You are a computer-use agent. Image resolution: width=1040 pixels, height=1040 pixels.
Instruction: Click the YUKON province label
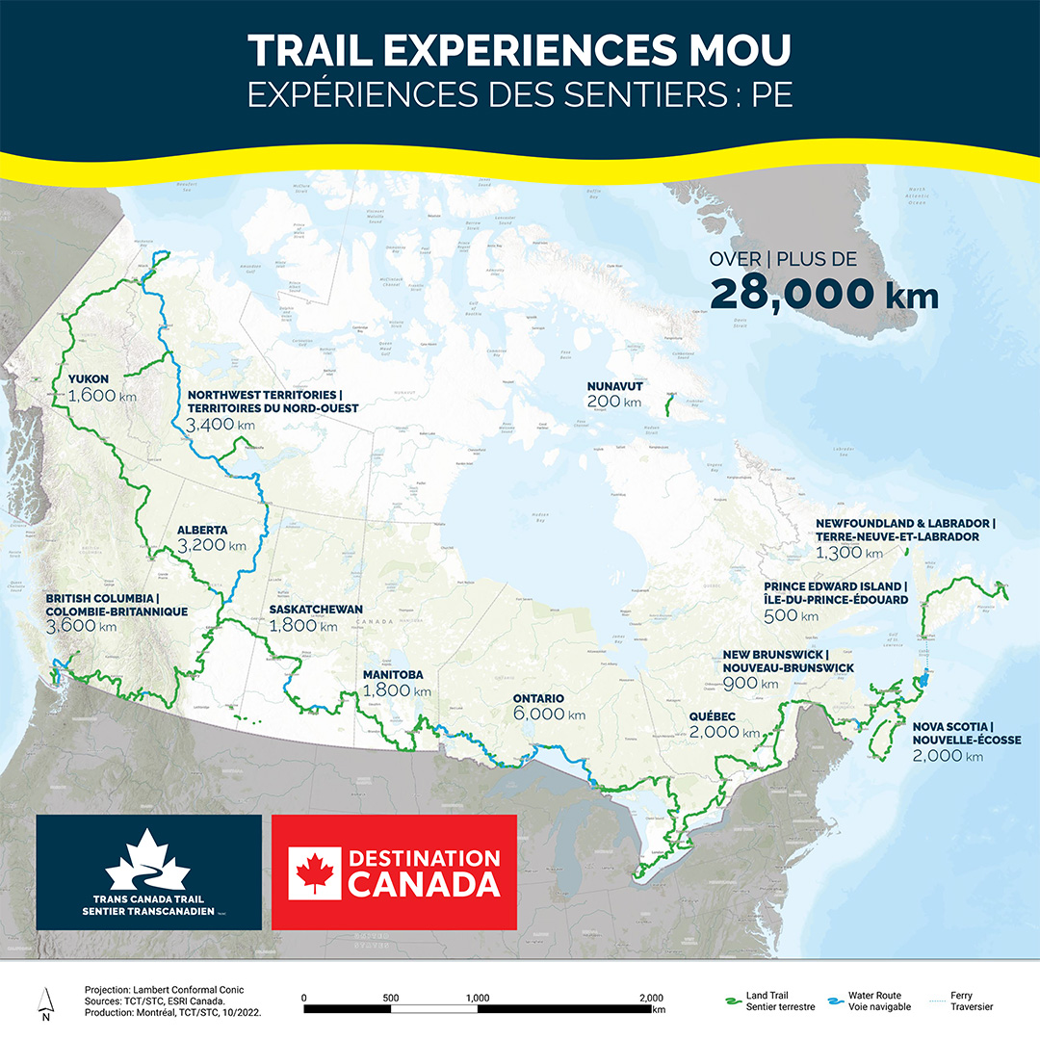(x=90, y=378)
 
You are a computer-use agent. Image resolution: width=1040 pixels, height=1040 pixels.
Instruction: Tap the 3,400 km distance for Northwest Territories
(x=221, y=425)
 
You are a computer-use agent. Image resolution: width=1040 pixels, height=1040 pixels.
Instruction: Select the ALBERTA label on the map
(x=202, y=530)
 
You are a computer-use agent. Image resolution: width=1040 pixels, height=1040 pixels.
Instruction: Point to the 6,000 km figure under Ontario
(x=549, y=715)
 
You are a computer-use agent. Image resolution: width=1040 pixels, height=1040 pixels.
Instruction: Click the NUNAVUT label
(x=614, y=386)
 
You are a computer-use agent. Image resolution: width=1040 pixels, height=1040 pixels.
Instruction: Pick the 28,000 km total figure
(x=823, y=295)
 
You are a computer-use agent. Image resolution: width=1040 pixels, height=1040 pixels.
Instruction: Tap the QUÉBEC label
(x=713, y=716)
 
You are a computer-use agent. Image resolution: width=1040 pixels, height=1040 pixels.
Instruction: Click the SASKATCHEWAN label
(x=316, y=610)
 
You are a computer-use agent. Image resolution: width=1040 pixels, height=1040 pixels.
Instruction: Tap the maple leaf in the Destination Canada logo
(x=314, y=872)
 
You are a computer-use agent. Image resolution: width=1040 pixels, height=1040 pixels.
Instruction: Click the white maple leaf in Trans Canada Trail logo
(x=147, y=861)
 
